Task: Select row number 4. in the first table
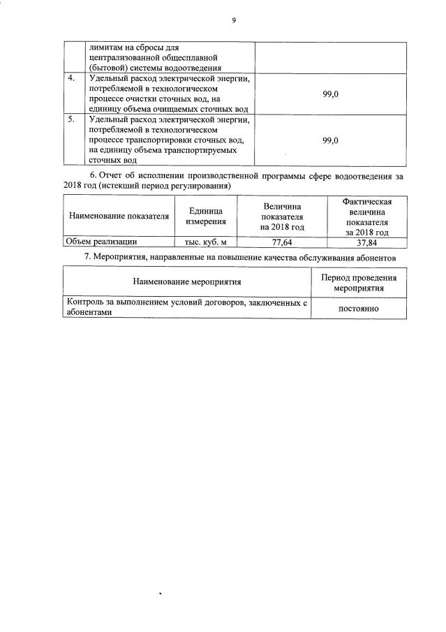click(71, 78)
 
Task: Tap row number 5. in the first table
click(71, 119)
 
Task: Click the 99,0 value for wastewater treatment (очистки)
click(331, 94)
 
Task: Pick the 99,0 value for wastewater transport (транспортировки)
click(331, 140)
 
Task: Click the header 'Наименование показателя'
click(119, 216)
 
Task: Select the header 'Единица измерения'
click(205, 216)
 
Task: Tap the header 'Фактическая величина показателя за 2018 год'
click(367, 216)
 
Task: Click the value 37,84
click(367, 243)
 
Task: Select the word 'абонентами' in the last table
click(88, 314)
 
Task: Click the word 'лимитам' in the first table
click(103, 47)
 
